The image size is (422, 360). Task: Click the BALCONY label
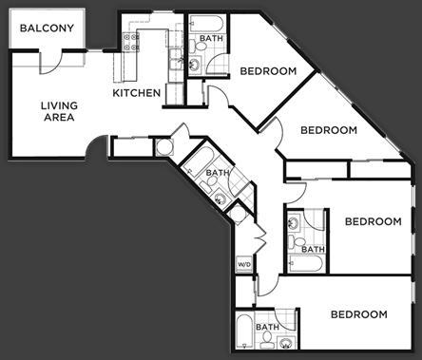click(48, 28)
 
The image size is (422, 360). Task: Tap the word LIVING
click(58, 106)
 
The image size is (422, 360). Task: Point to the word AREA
click(58, 119)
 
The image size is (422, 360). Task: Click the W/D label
click(243, 264)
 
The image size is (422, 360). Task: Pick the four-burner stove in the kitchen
click(129, 42)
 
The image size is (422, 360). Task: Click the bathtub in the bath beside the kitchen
click(204, 24)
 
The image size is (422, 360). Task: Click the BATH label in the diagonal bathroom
click(218, 173)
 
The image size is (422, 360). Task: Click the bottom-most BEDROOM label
click(358, 314)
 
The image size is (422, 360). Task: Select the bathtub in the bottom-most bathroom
click(243, 333)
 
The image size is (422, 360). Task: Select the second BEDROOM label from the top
click(328, 130)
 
